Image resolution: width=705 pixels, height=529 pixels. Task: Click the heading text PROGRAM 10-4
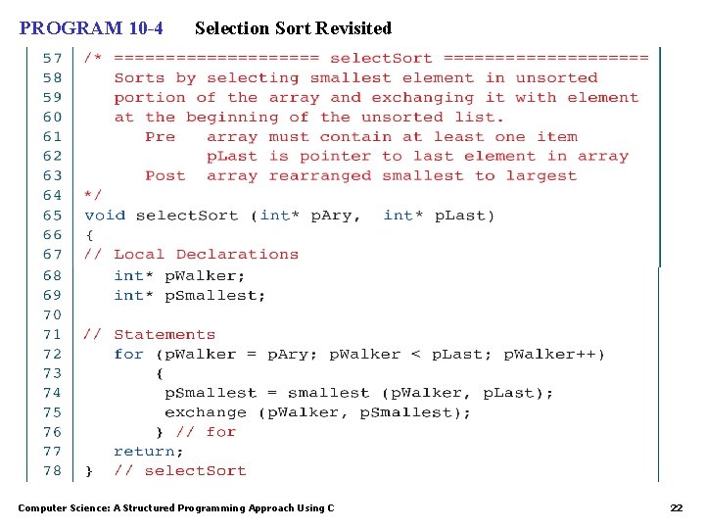pos(91,28)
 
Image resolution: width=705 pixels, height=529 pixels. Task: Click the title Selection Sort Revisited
pos(293,28)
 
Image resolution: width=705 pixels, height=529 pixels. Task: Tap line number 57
pos(52,58)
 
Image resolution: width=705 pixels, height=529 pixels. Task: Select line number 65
pos(52,215)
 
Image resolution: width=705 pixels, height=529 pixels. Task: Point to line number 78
pos(52,470)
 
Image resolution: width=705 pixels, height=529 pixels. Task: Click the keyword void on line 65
pos(105,215)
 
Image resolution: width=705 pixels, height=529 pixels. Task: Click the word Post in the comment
pos(164,175)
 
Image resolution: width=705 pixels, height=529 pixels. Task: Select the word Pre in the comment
pos(160,136)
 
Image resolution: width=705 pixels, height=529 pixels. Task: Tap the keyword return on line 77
pos(148,451)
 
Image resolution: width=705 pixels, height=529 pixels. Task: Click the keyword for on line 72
pos(128,354)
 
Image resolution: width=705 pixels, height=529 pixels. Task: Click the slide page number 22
pos(676,507)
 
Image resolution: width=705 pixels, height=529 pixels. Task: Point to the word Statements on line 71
pos(164,334)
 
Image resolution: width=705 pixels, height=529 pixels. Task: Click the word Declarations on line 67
pos(237,254)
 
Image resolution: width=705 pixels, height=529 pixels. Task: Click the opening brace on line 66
pos(89,234)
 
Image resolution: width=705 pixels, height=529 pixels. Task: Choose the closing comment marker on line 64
pos(93,195)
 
